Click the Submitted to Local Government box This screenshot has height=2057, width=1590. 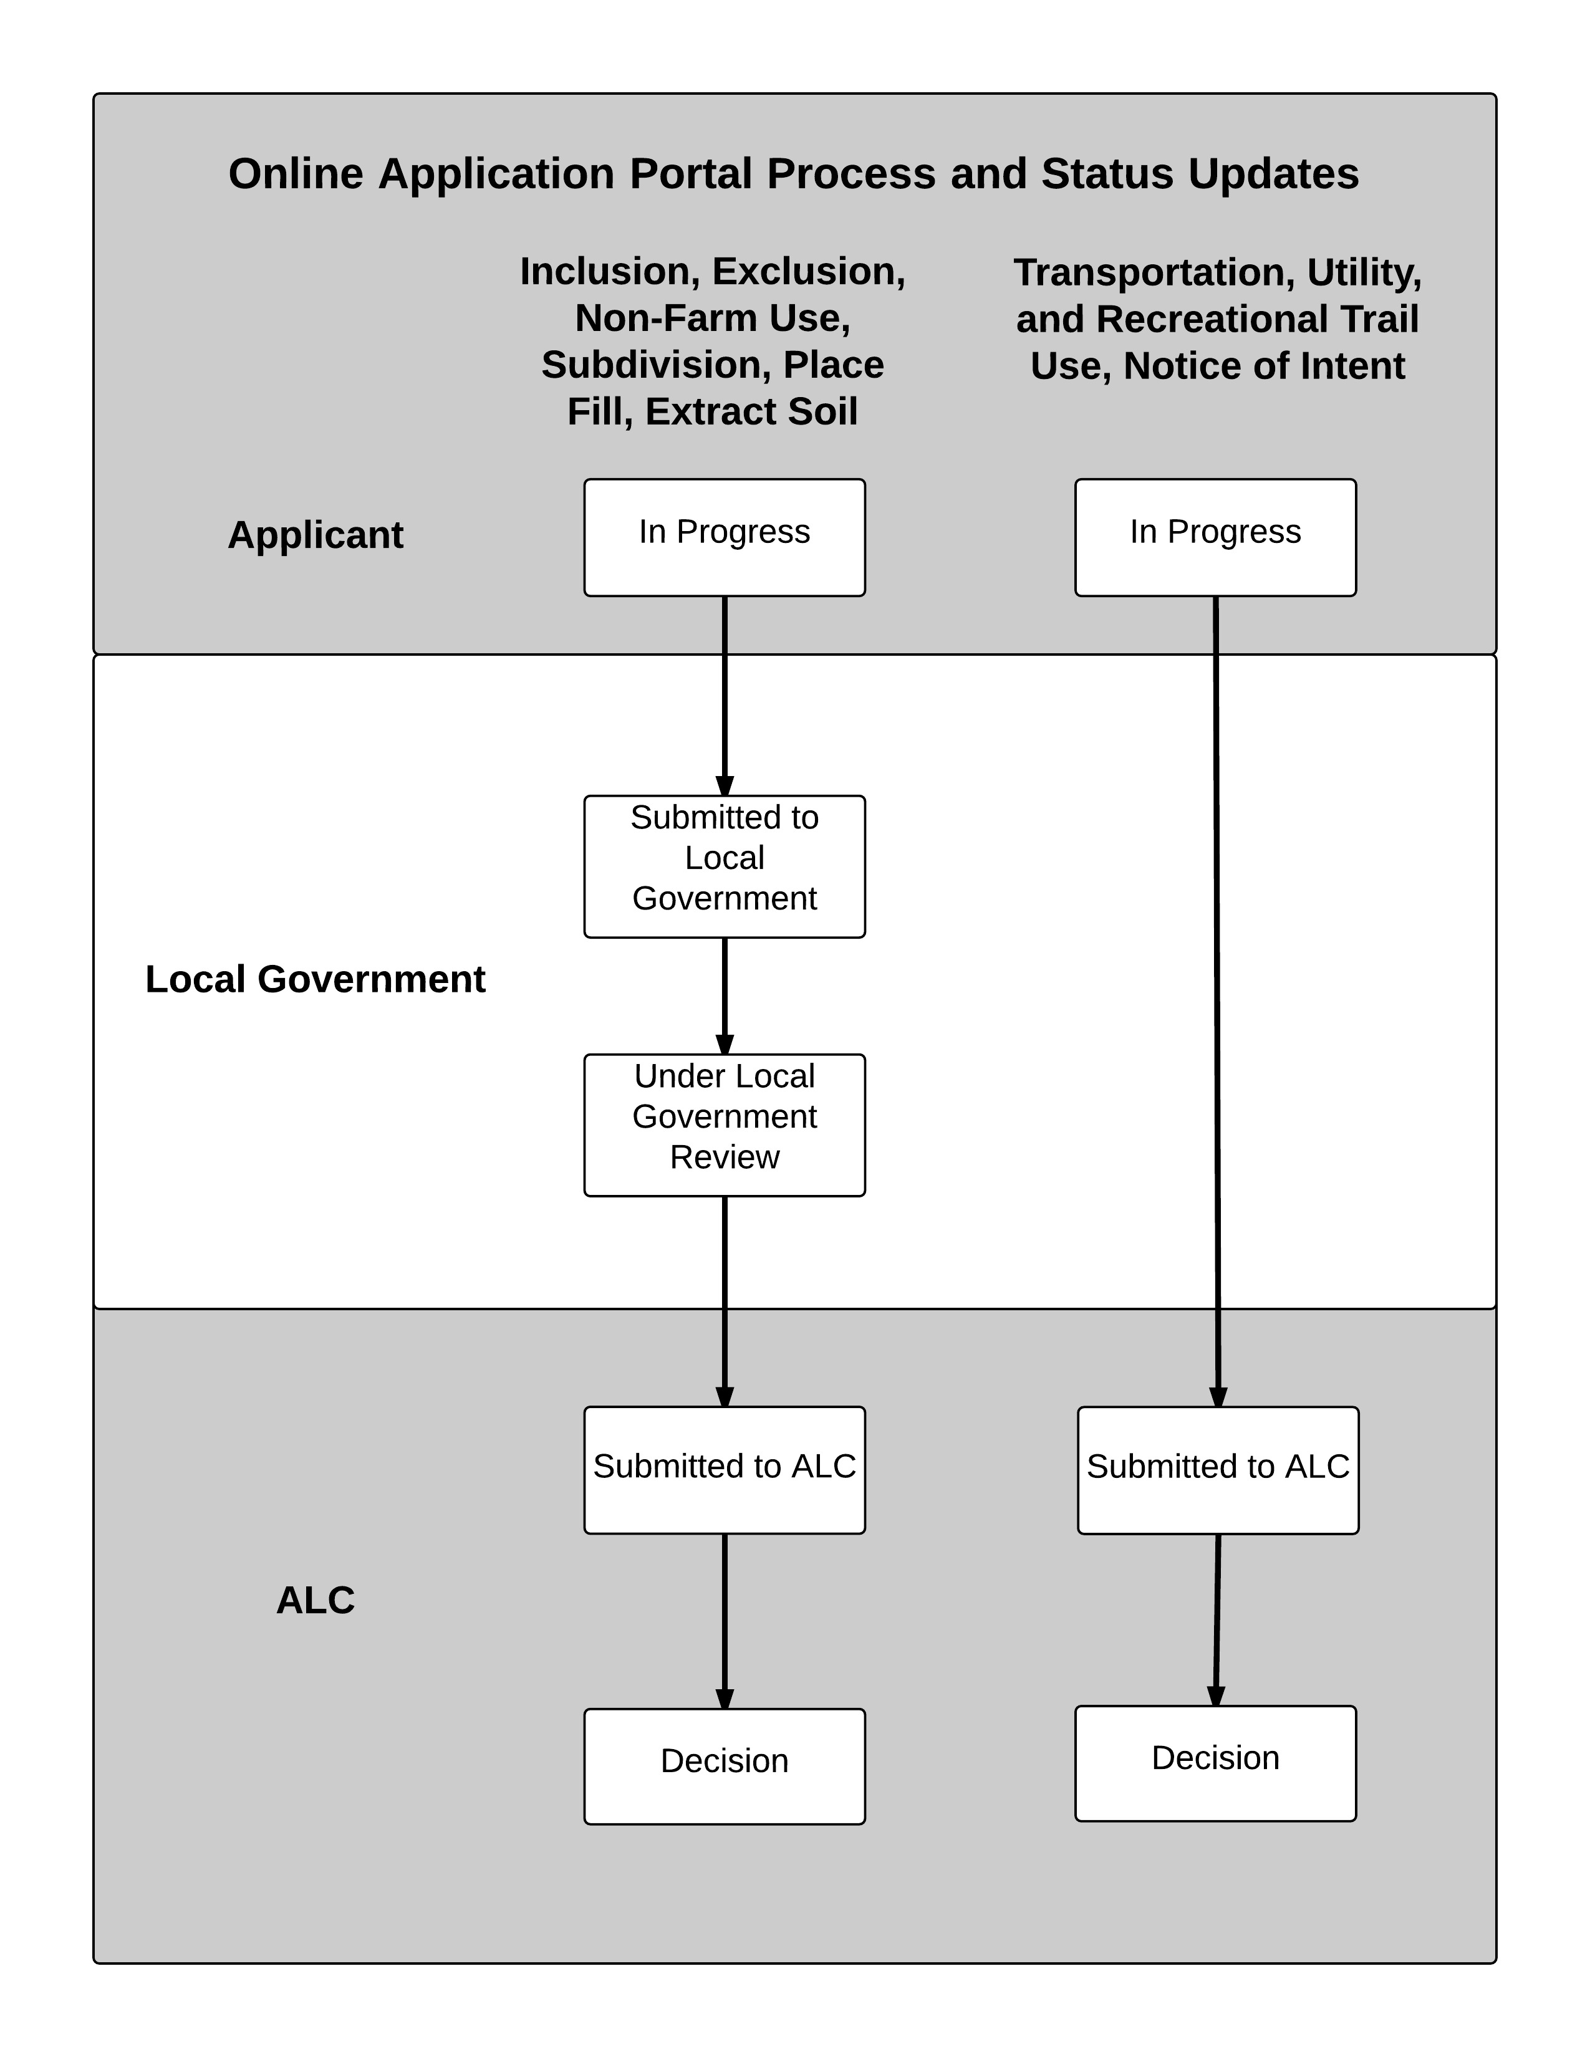pyautogui.click(x=725, y=866)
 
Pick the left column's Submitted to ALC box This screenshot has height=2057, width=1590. pyautogui.click(x=725, y=1469)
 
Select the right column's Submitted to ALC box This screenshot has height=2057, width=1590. pyautogui.click(x=1218, y=1469)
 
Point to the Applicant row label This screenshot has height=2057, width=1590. pyautogui.click(x=316, y=535)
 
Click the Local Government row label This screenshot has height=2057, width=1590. pyautogui.click(x=316, y=979)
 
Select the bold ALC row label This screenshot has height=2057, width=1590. pyautogui.click(x=316, y=1600)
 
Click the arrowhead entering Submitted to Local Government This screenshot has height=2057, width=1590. pyautogui.click(x=725, y=787)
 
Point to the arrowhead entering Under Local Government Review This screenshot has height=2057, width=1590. pyautogui.click(x=725, y=1045)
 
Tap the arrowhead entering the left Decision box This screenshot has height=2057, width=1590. pyautogui.click(x=725, y=1699)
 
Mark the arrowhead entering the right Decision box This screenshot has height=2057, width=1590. pyautogui.click(x=1216, y=1696)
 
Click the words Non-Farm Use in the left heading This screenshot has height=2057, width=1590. pyautogui.click(x=713, y=319)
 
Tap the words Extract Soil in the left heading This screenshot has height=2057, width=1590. pyautogui.click(x=752, y=411)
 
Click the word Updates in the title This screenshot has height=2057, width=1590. pyautogui.click(x=1273, y=175)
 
